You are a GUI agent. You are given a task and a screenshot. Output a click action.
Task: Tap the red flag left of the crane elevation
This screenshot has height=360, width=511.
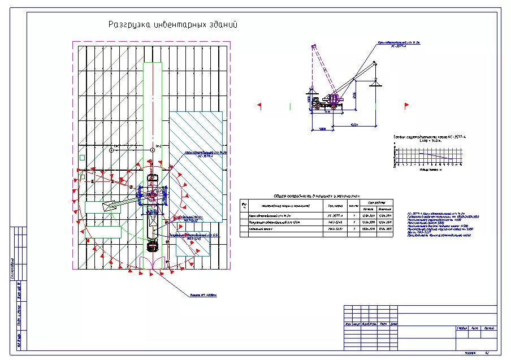259,105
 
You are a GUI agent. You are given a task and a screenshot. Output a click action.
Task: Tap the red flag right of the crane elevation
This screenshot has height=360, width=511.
406,105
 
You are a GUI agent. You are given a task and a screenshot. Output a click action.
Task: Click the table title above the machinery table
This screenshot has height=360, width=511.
317,195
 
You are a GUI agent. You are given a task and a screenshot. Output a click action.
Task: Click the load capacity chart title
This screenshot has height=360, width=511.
426,138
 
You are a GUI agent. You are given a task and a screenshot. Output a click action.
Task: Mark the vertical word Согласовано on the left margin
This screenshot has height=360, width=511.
12,268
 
